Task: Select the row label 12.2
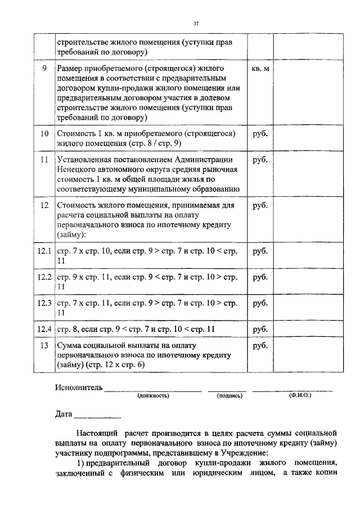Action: pyautogui.click(x=44, y=277)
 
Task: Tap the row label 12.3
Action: pyautogui.click(x=44, y=304)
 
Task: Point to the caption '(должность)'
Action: pyautogui.click(x=153, y=396)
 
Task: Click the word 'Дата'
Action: pyautogui.click(x=64, y=415)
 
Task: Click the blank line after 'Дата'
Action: pyautogui.click(x=97, y=416)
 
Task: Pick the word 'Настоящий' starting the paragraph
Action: pyautogui.click(x=97, y=434)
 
